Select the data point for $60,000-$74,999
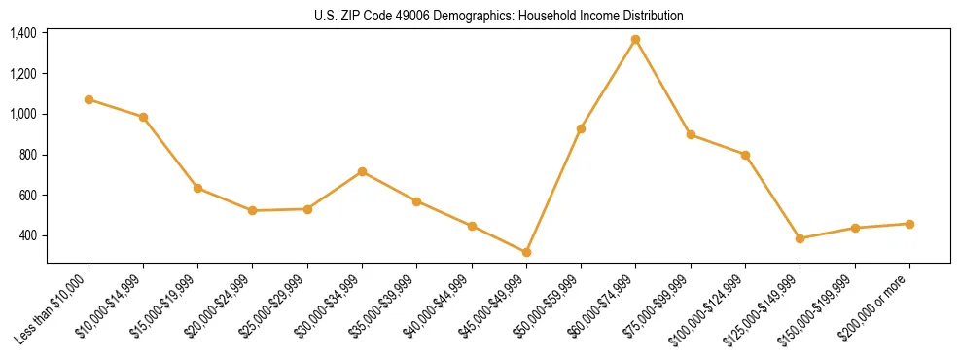tap(635, 40)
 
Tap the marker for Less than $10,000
tap(89, 99)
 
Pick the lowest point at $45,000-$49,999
tap(526, 252)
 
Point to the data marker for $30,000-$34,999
tap(362, 171)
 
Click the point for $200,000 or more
tap(909, 224)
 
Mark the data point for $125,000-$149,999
tap(800, 238)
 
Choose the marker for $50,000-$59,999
tap(581, 128)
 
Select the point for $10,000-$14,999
tap(143, 117)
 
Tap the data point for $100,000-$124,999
tap(745, 155)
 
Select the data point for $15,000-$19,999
tap(197, 188)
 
